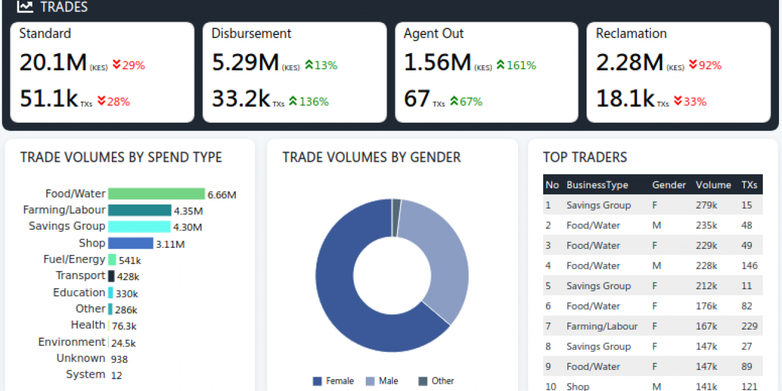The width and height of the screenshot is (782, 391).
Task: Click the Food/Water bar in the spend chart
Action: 156,194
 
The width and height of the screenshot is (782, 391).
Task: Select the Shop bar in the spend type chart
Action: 131,243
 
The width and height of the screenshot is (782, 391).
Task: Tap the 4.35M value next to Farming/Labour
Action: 188,211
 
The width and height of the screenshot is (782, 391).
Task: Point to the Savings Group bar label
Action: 67,226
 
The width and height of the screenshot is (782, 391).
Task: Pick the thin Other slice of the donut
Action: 396,218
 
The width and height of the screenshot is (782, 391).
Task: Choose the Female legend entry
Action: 333,381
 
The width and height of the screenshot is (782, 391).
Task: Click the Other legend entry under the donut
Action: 436,381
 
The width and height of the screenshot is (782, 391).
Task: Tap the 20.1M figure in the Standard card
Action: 53,63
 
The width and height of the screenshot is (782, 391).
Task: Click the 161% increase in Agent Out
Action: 516,66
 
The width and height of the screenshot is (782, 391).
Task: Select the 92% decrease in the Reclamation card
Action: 705,66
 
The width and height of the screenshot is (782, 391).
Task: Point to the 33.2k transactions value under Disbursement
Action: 241,99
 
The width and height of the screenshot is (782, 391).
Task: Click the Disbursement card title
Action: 251,34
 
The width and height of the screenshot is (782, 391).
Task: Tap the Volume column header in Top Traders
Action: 713,185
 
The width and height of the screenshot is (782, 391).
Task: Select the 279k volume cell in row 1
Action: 706,205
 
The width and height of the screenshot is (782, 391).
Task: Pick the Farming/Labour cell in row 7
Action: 602,326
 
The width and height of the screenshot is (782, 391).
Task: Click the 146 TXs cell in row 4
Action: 749,266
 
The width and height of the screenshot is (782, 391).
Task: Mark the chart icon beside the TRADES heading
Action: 25,7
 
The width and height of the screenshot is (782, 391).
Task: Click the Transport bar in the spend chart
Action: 111,276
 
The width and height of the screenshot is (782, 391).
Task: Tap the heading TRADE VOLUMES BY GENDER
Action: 372,158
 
